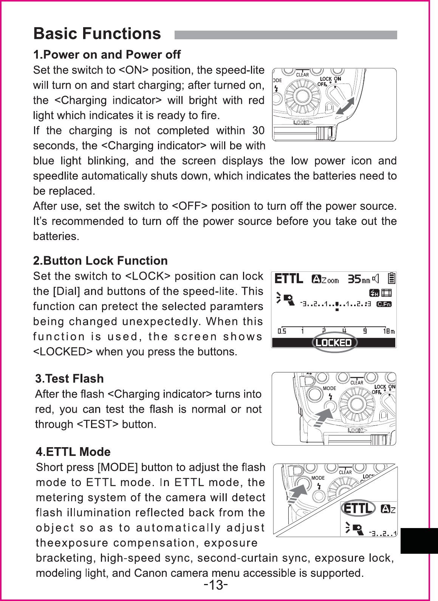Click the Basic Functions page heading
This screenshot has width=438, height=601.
click(x=97, y=34)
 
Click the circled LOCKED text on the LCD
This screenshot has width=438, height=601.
click(x=334, y=342)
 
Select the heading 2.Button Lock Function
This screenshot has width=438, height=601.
click(x=101, y=261)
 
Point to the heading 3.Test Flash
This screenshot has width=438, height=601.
click(x=70, y=378)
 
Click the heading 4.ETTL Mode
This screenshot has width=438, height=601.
click(x=73, y=452)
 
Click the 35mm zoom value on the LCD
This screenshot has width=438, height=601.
click(x=359, y=280)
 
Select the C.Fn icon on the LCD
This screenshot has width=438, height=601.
click(x=385, y=304)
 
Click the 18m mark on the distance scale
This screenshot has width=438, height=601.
click(x=389, y=331)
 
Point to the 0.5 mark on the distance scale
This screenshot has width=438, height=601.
click(x=282, y=331)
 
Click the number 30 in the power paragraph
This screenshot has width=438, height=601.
click(x=258, y=131)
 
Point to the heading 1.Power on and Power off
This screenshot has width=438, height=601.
click(x=107, y=55)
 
